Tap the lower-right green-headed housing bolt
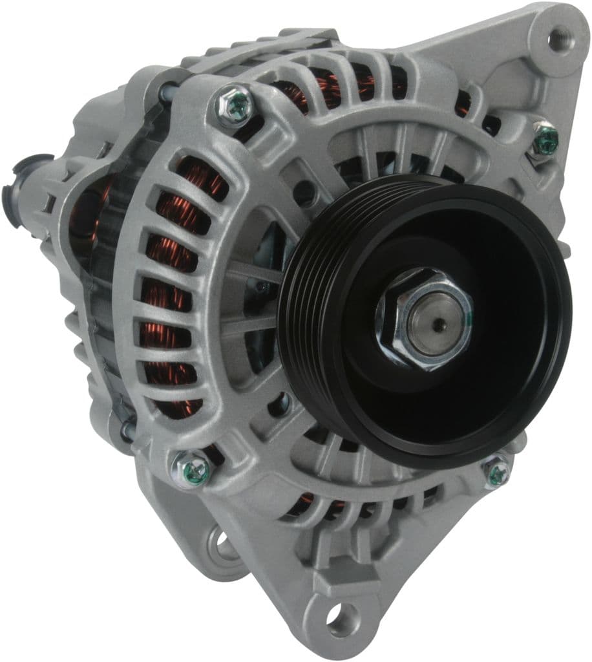click(498, 471)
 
